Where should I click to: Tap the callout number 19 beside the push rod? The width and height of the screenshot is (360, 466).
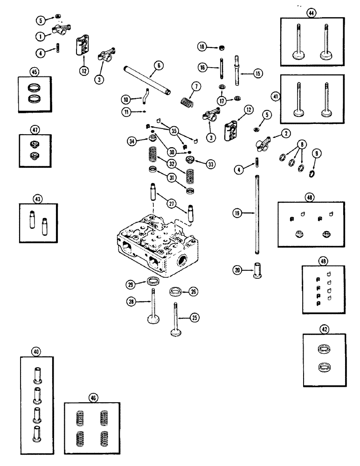point(238,212)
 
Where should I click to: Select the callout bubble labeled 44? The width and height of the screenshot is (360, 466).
point(311,14)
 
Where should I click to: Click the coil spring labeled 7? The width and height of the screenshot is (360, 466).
point(187,100)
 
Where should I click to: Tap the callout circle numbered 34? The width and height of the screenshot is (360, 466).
point(132,140)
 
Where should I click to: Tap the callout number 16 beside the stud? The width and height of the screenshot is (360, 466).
point(201,68)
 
